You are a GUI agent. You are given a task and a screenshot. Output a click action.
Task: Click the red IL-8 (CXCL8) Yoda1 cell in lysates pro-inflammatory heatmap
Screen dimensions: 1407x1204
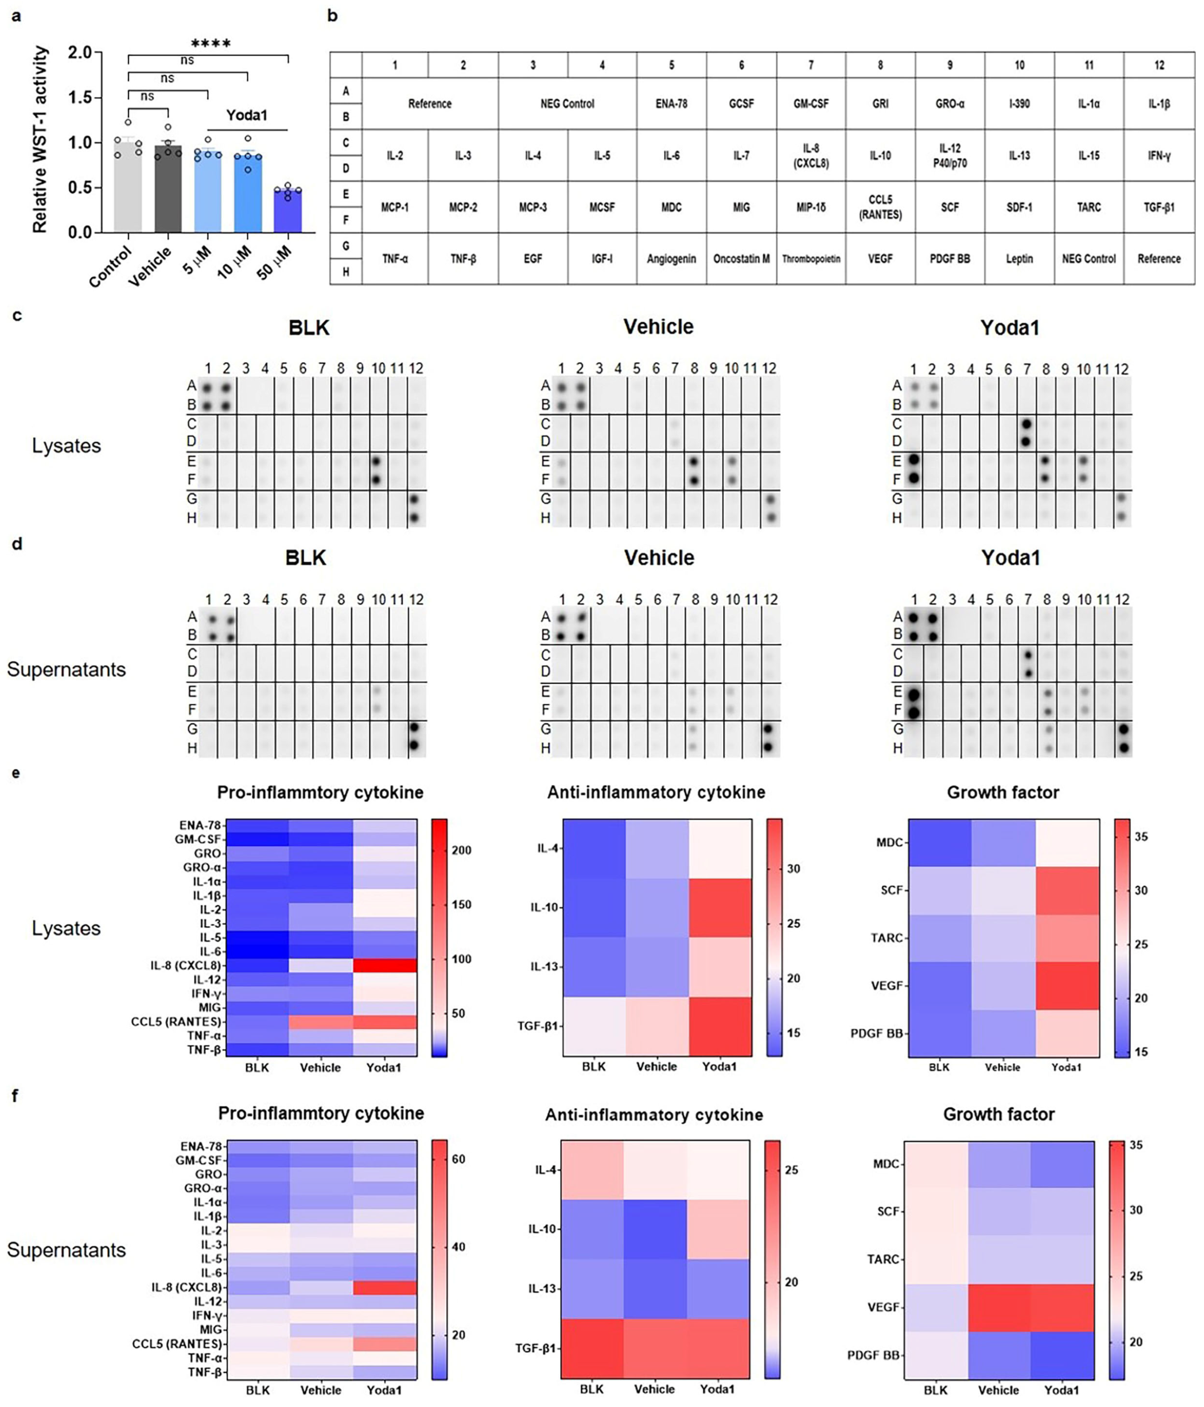[384, 965]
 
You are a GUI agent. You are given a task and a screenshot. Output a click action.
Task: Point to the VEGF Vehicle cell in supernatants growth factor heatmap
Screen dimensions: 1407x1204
[999, 1307]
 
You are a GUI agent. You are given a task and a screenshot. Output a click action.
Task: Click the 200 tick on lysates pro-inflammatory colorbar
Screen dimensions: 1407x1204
[462, 850]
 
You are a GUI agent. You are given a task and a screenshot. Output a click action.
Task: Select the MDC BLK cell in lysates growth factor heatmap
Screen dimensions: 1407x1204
[940, 843]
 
